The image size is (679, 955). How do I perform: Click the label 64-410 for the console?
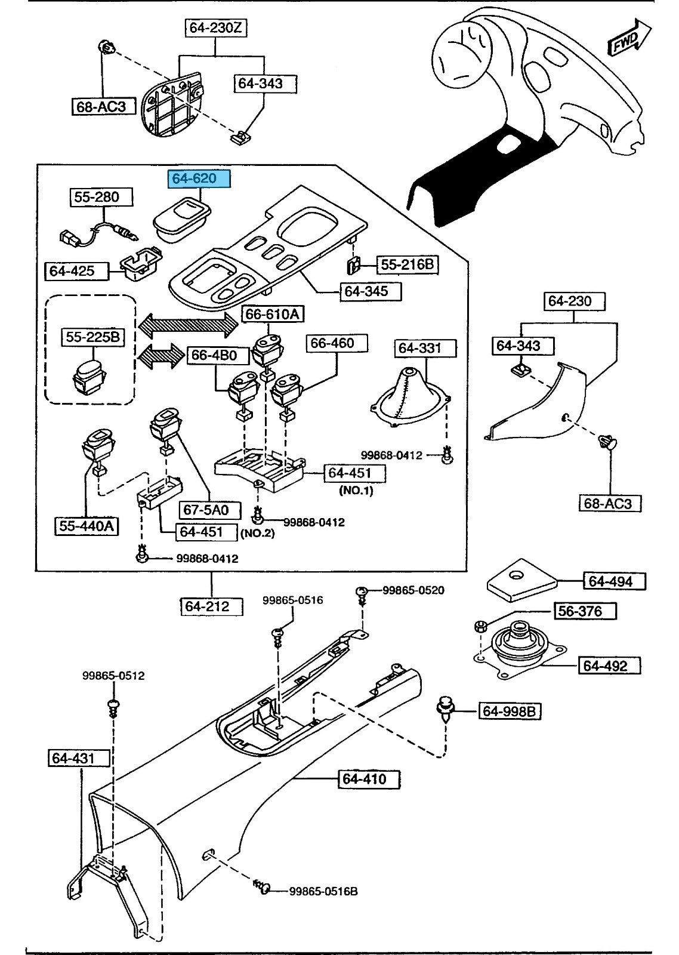364,779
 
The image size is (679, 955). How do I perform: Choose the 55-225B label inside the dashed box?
93,337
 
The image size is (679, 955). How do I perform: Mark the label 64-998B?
511,711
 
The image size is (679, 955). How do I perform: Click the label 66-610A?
272,313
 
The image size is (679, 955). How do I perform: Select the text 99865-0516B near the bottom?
323,891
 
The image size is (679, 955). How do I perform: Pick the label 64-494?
610,581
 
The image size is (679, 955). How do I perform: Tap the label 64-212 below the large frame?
207,606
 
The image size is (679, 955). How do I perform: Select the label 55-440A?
87,526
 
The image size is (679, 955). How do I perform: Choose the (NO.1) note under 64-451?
356,491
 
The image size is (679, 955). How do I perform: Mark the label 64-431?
73,758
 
